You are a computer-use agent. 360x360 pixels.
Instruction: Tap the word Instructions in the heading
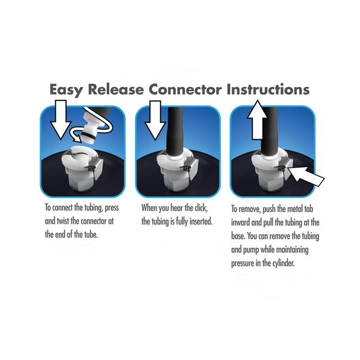click(268, 90)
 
